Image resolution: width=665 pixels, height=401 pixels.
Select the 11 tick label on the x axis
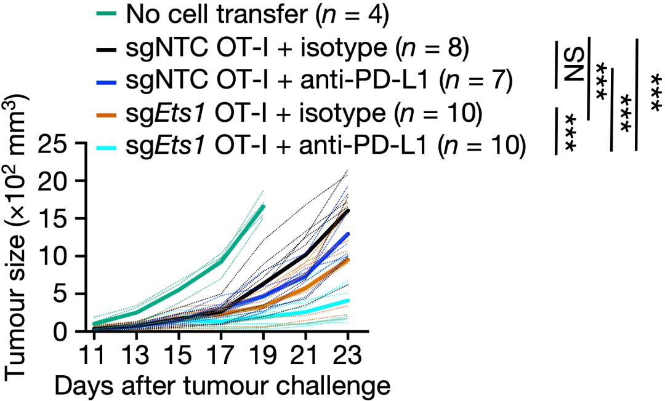94,354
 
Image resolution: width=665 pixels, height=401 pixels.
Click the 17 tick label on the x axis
220,354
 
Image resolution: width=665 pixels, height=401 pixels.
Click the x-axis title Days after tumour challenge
222,386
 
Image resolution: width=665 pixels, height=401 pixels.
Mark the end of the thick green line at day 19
263,206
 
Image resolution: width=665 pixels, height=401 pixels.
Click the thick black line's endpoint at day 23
348,210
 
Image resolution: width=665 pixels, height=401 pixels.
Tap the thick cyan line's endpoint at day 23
348,301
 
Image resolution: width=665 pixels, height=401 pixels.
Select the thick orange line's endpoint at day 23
348,259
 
